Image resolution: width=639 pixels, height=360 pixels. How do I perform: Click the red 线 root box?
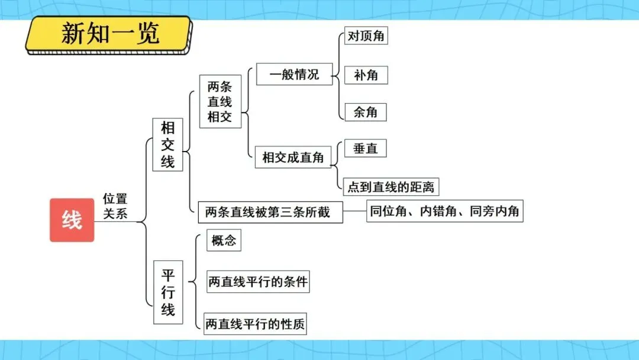[72, 220]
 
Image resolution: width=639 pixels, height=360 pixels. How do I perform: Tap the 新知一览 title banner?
[109, 34]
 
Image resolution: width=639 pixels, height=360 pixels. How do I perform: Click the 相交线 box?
[167, 144]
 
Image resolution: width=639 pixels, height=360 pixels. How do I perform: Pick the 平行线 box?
[167, 292]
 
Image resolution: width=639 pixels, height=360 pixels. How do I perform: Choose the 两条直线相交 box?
[220, 102]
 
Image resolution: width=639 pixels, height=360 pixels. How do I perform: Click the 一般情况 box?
[294, 75]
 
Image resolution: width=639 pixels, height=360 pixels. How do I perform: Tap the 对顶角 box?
[366, 36]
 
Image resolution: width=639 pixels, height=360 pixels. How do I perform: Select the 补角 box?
[366, 75]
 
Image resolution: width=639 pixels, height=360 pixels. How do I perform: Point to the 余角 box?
[366, 112]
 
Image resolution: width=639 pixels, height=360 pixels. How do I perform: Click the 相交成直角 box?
[293, 158]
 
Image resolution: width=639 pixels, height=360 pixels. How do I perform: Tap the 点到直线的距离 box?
[390, 187]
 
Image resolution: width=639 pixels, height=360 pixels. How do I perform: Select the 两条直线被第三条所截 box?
[270, 211]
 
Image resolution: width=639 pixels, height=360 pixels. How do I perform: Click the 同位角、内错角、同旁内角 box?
[445, 211]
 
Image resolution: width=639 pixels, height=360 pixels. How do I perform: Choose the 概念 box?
[224, 241]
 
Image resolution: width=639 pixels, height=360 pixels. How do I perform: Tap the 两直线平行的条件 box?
[258, 282]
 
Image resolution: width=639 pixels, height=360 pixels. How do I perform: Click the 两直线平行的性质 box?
[256, 324]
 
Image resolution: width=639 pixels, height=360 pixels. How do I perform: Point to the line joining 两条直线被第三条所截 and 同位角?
[354, 211]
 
